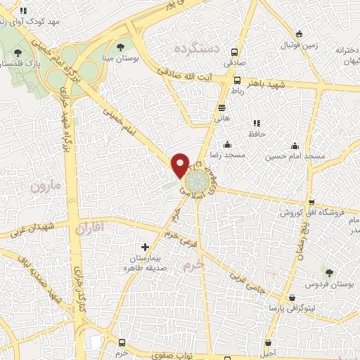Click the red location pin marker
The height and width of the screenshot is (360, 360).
[x=180, y=165]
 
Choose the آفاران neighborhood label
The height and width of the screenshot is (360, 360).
[x=89, y=226]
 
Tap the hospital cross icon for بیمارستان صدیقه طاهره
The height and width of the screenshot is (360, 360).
[x=146, y=247]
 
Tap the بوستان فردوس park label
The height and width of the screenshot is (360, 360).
[x=328, y=284]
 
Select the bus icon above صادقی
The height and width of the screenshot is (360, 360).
[x=235, y=50]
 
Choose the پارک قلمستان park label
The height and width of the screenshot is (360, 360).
[x=17, y=63]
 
